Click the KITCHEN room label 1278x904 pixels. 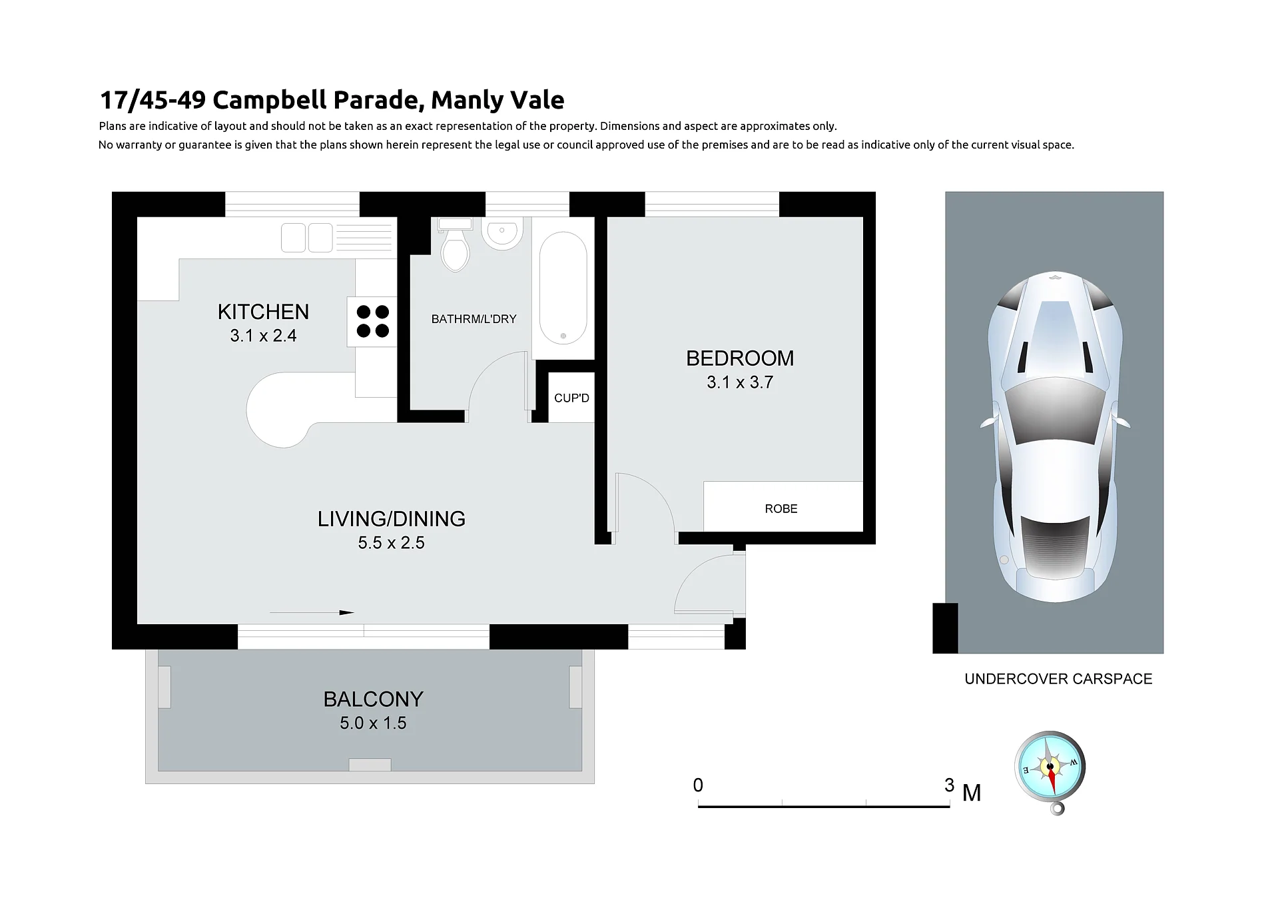(x=263, y=312)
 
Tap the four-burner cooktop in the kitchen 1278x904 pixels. (x=372, y=322)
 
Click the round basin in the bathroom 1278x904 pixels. (x=502, y=233)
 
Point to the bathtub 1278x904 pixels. (x=563, y=288)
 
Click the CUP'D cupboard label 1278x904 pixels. (x=571, y=398)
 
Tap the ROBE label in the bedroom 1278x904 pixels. (x=781, y=509)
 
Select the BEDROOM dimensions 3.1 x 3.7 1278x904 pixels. (x=740, y=382)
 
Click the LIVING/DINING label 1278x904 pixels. (x=392, y=519)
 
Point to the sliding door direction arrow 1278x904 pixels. (x=312, y=612)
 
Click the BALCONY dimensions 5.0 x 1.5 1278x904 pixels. (x=373, y=723)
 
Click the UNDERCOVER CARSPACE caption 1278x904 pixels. (x=1058, y=679)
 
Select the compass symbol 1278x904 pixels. (x=1050, y=771)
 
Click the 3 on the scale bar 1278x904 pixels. (x=949, y=785)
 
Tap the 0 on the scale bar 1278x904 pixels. (x=698, y=785)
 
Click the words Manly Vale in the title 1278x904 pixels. (x=497, y=100)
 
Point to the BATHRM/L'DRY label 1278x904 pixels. (x=474, y=319)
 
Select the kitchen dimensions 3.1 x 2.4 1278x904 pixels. (x=263, y=336)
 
